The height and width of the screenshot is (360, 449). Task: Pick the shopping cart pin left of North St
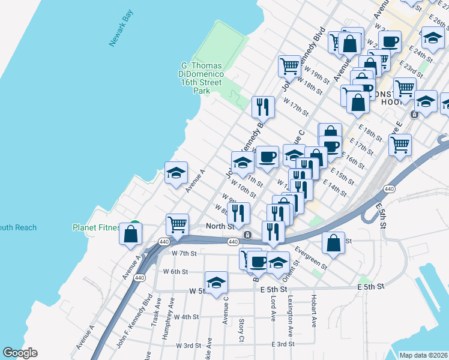click(177, 225)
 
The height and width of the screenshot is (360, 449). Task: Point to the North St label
click(219, 226)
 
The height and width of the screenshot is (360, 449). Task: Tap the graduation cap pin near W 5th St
click(217, 281)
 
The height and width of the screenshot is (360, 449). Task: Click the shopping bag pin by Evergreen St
click(333, 243)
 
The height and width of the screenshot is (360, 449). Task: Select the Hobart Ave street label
click(313, 310)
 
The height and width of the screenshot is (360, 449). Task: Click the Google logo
click(20, 353)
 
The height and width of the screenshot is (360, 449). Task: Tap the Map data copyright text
click(423, 355)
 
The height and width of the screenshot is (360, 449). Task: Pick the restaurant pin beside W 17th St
click(263, 107)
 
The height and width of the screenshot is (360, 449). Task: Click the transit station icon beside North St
click(247, 234)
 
